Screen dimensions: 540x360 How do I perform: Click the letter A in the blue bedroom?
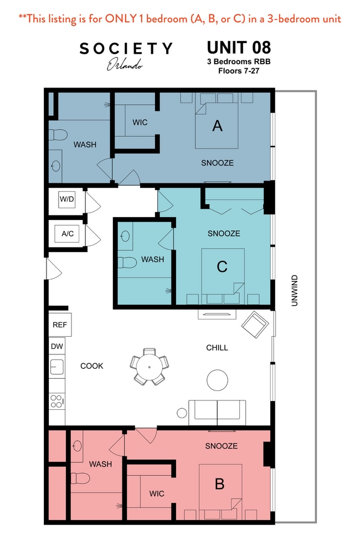217,126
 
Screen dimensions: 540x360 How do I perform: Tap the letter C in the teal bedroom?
222,267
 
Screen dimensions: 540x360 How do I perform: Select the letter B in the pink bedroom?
219,484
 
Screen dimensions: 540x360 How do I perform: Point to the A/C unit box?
67,234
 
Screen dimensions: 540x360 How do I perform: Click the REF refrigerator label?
59,325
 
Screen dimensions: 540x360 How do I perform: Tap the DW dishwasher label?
56,346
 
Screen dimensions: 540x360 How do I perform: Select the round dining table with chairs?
148,366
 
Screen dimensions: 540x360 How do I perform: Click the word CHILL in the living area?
217,348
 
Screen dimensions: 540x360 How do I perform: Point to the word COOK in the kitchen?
92,366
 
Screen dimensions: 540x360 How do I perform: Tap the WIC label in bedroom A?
140,122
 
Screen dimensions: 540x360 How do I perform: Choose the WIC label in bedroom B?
157,493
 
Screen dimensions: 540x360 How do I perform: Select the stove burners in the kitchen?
57,401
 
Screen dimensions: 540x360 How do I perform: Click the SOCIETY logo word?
126,49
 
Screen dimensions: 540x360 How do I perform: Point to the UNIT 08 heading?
239,46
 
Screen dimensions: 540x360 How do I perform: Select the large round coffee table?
217,380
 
